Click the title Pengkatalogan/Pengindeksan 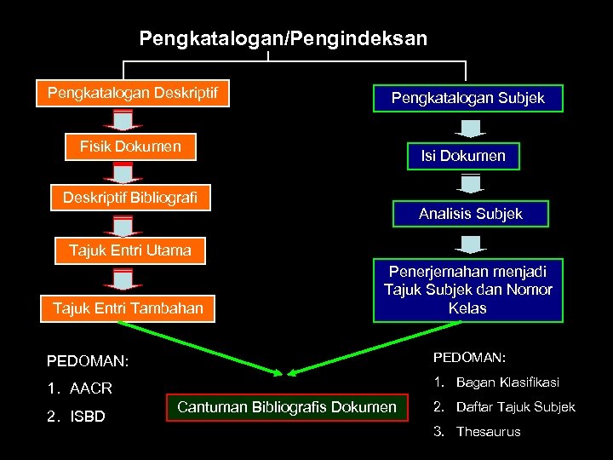click(x=283, y=38)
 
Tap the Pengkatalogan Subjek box click(x=467, y=99)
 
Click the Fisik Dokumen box click(x=130, y=147)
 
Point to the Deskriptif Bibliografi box click(x=130, y=198)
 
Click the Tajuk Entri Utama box click(x=130, y=250)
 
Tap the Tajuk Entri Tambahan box click(x=129, y=308)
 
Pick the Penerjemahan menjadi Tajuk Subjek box click(x=467, y=290)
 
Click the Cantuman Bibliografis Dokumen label click(x=286, y=407)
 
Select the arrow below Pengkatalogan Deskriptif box click(x=123, y=120)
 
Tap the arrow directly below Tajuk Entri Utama click(x=123, y=279)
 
